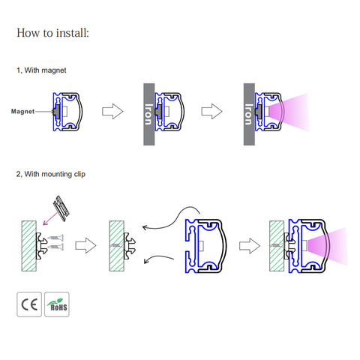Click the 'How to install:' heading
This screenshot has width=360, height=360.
[x=52, y=33]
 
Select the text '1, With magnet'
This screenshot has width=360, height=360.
[x=41, y=70]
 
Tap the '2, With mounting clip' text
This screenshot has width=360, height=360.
[x=51, y=174]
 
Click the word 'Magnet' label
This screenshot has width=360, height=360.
[x=22, y=112]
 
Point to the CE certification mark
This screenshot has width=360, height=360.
[x=29, y=304]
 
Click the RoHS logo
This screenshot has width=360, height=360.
[x=57, y=304]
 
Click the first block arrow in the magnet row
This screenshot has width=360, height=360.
[x=112, y=111]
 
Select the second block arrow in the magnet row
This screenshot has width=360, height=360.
[x=211, y=111]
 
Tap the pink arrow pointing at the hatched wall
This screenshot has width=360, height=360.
[x=51, y=218]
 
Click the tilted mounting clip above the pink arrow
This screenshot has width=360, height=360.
[x=61, y=208]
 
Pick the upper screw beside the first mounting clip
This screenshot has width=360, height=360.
[x=55, y=238]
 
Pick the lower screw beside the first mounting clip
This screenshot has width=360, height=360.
[x=55, y=247]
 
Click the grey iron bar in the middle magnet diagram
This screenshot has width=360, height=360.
[x=149, y=114]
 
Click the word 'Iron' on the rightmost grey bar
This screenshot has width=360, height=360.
[x=248, y=115]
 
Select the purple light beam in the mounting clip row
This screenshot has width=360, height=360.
[x=328, y=246]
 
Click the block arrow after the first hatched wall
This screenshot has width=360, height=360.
[x=85, y=245]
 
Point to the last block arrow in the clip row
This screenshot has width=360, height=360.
[x=250, y=246]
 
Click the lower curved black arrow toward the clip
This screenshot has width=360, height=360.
[x=158, y=257]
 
